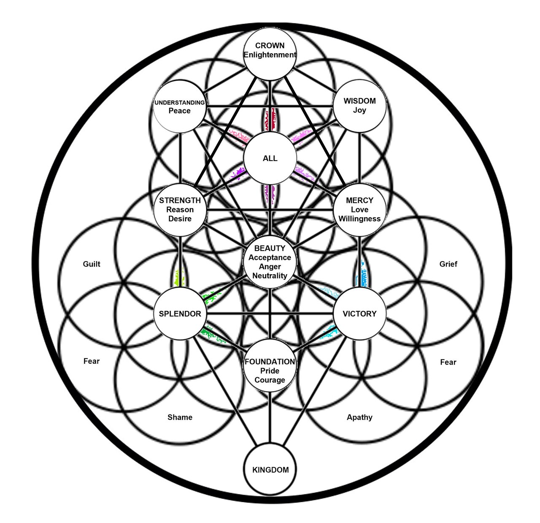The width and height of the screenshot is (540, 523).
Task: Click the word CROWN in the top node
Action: click(x=270, y=46)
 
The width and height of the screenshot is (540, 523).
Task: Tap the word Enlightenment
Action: click(x=270, y=55)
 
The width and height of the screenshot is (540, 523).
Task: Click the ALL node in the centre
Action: click(x=270, y=158)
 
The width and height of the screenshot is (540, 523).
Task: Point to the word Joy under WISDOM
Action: click(x=359, y=110)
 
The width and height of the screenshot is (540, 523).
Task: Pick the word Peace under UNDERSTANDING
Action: click(x=180, y=111)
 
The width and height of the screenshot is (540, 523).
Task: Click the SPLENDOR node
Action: click(x=180, y=313)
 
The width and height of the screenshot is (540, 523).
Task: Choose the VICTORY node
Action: click(x=359, y=313)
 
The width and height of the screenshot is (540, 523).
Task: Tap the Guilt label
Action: click(x=92, y=264)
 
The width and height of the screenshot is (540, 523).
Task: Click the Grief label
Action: click(x=448, y=264)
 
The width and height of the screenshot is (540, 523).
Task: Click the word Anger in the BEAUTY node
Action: click(x=270, y=267)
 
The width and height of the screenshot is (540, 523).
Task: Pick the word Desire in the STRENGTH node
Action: click(x=180, y=219)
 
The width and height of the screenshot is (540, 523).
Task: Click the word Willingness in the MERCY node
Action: click(x=359, y=219)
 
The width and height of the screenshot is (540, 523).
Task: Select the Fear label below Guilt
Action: click(x=91, y=361)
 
